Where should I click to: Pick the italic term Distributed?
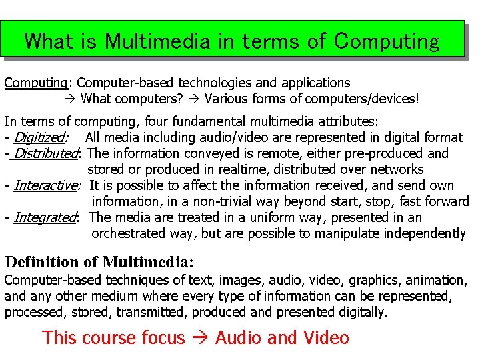coord(45,154)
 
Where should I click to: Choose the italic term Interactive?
coord(45,186)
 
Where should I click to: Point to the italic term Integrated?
coord(45,217)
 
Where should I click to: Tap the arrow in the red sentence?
coord(199,338)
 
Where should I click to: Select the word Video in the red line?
coord(326,337)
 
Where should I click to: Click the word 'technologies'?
coord(213,83)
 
